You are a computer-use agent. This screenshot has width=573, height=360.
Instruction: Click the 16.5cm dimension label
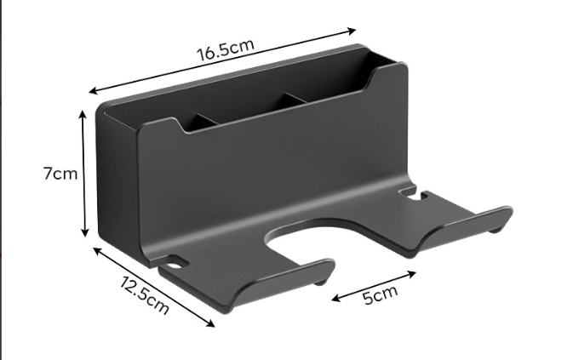coord(225,49)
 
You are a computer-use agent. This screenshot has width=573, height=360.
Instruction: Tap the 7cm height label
coord(60,174)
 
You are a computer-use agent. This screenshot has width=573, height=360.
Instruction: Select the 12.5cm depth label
coord(145,295)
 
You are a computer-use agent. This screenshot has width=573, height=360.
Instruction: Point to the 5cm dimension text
coord(380,294)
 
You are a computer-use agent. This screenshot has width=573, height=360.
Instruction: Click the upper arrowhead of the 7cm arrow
coord(83,114)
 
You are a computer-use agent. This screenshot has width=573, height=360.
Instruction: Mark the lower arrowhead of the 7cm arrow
coord(85,231)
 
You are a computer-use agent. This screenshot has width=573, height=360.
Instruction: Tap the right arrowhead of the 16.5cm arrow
coord(352,31)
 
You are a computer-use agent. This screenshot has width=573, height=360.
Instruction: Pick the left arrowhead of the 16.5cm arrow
coord(94,90)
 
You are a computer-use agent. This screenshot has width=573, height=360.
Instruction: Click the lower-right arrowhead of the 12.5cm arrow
coord(210,323)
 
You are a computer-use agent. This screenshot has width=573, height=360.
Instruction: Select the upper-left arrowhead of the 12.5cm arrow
coord(97,250)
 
